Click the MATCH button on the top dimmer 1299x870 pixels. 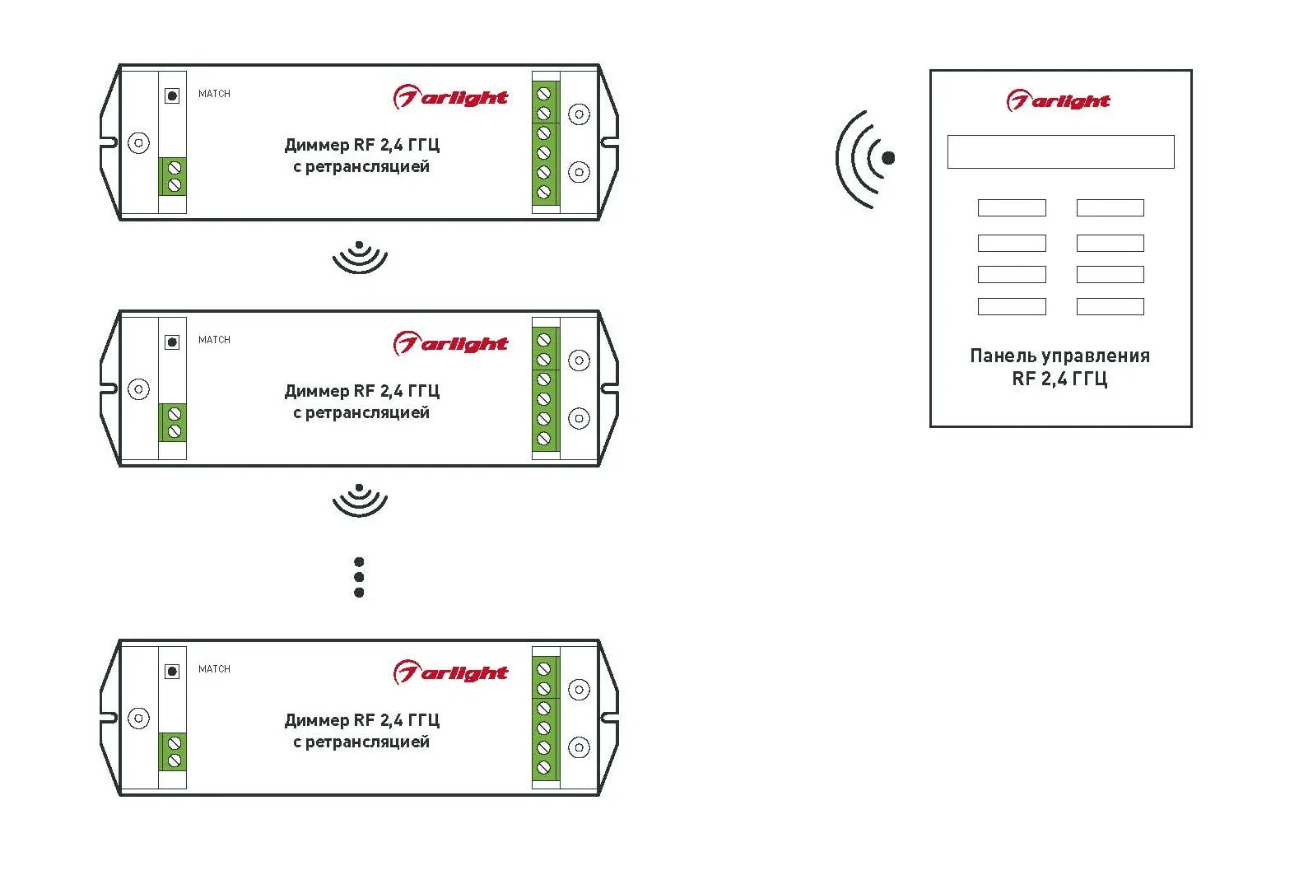click(x=172, y=95)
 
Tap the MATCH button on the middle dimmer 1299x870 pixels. click(x=172, y=342)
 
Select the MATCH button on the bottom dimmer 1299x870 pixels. click(x=172, y=672)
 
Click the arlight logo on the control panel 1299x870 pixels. click(x=1059, y=100)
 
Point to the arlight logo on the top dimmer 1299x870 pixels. click(x=450, y=97)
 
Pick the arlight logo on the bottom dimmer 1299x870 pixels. click(x=450, y=672)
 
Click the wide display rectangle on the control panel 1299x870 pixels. click(x=1060, y=152)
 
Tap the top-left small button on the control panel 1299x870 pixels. click(x=1012, y=207)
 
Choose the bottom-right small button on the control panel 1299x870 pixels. click(x=1110, y=306)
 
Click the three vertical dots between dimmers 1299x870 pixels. click(x=359, y=577)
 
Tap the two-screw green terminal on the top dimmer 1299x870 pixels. click(x=173, y=176)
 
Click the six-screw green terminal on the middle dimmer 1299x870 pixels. click(x=545, y=389)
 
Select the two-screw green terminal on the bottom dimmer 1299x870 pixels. click(x=173, y=751)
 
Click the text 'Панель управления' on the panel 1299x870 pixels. click(x=1060, y=356)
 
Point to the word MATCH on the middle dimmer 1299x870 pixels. click(x=214, y=339)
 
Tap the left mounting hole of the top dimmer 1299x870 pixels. click(x=138, y=142)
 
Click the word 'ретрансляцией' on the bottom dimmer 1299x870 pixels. click(x=367, y=742)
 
